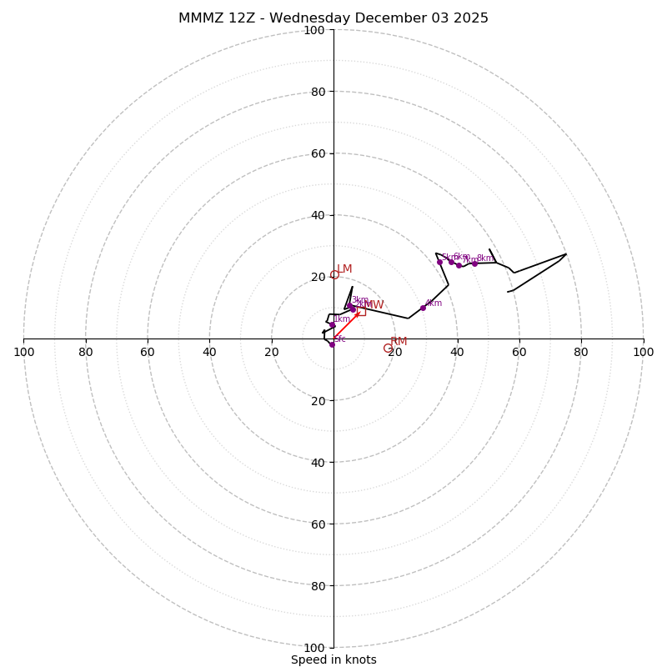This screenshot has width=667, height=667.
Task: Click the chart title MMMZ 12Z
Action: [333, 18]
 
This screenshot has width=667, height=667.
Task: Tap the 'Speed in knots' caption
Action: [333, 659]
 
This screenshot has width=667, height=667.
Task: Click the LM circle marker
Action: [335, 274]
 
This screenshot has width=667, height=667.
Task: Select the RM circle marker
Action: [388, 348]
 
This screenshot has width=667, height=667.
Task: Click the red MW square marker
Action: [361, 311]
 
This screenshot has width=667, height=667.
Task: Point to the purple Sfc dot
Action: [332, 344]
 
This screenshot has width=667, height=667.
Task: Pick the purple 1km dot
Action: [332, 325]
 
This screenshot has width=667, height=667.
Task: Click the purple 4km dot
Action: [423, 308]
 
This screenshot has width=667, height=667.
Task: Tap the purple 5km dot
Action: [439, 262]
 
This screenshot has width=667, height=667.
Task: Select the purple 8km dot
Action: [474, 263]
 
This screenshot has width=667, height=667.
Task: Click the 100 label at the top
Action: [314, 30]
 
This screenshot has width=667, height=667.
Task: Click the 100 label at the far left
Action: [24, 352]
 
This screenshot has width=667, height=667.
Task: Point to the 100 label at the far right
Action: [643, 352]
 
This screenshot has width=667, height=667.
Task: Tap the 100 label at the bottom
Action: [314, 648]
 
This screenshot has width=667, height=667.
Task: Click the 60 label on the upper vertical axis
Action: [317, 153]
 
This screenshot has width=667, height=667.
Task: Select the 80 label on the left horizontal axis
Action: [86, 352]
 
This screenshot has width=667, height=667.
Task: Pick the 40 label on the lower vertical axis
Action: [317, 462]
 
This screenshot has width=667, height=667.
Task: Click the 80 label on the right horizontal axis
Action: [581, 352]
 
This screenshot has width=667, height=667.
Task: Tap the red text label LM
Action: [344, 269]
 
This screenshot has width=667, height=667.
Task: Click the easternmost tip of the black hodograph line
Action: [566, 254]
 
